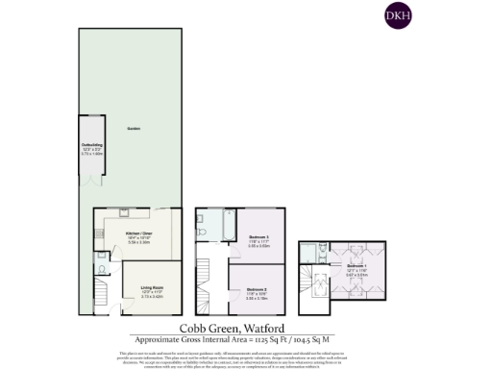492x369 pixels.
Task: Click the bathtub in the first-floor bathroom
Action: click(x=227, y=224)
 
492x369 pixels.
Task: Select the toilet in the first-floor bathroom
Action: click(x=201, y=232)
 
